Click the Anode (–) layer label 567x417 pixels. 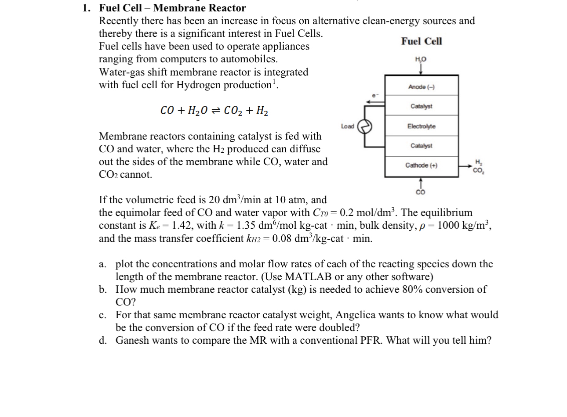(x=421, y=87)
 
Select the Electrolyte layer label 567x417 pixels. (x=421, y=126)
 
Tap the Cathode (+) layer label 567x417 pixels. (x=421, y=165)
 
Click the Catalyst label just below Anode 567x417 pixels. (x=421, y=106)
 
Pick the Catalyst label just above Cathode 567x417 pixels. (x=421, y=146)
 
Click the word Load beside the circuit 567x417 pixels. (x=347, y=126)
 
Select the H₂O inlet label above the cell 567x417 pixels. (x=421, y=59)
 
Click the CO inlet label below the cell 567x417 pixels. (x=421, y=192)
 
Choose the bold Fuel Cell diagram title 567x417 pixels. (x=421, y=41)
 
